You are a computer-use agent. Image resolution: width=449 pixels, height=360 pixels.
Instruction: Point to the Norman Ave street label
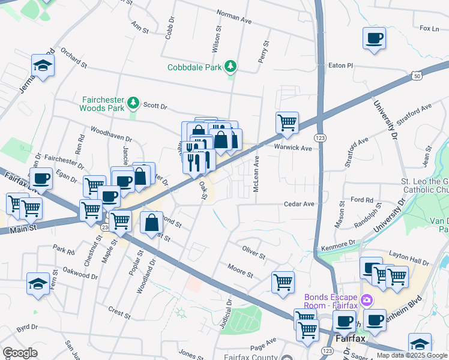click(x=234, y=19)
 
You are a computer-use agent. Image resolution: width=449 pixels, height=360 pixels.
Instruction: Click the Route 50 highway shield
click(x=417, y=74)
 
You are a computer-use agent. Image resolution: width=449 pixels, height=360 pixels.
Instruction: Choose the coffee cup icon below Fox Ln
click(x=374, y=39)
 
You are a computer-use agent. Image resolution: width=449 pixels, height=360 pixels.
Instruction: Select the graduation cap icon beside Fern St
click(x=38, y=284)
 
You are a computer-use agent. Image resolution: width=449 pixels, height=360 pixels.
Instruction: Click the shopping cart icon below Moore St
click(x=283, y=282)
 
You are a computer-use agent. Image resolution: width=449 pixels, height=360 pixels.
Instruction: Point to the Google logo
click(x=20, y=353)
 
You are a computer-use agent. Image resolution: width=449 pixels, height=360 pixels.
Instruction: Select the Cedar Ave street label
click(x=299, y=204)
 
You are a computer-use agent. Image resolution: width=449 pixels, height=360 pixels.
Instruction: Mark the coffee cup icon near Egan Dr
click(x=41, y=178)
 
